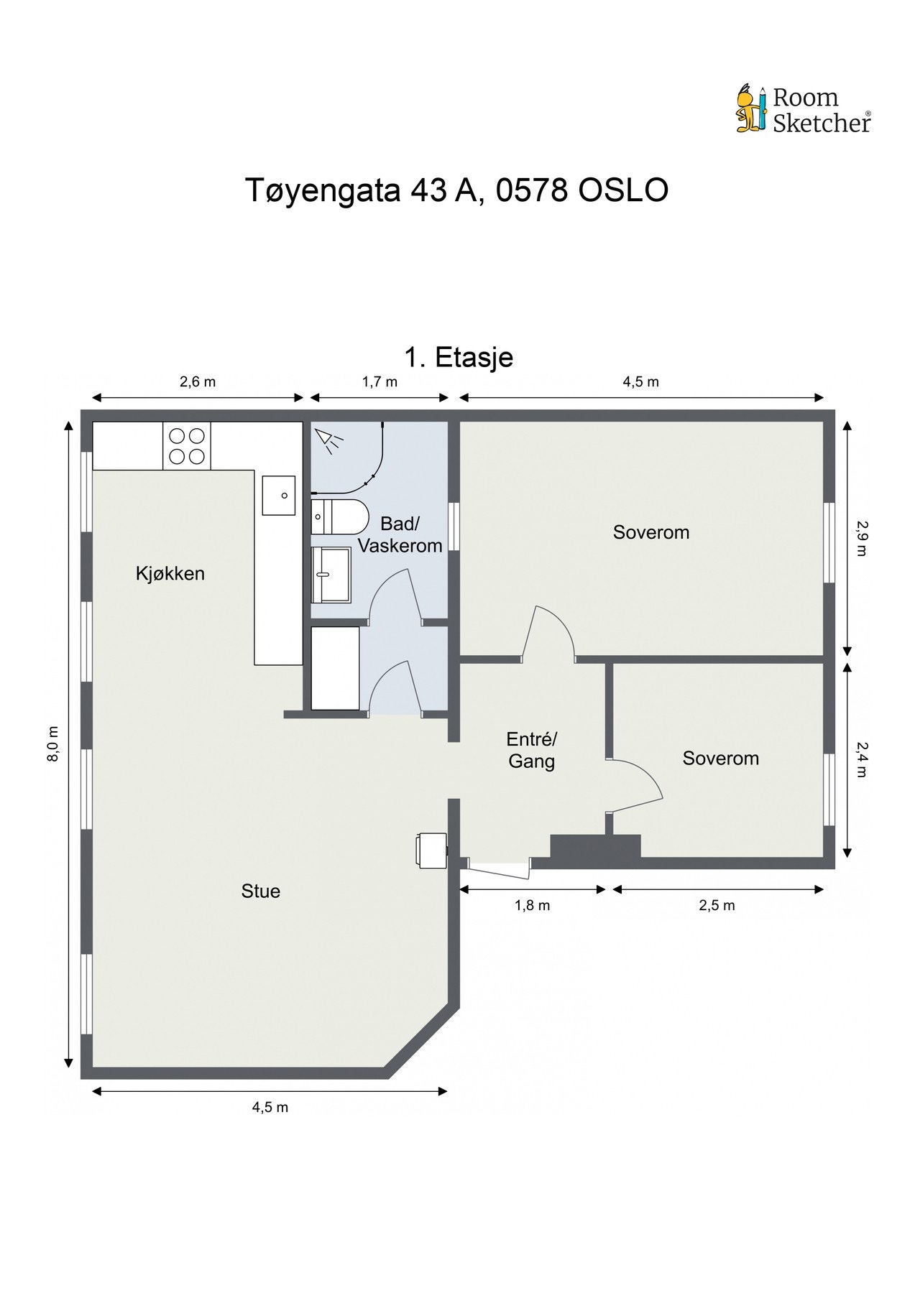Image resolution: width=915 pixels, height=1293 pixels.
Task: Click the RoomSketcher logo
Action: [803, 109]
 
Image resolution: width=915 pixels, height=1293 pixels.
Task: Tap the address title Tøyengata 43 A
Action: [362, 190]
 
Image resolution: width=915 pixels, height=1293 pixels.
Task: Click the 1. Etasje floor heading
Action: [459, 357]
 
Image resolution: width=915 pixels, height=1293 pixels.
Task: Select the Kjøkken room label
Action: [170, 573]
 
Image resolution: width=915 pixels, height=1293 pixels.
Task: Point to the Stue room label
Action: [261, 891]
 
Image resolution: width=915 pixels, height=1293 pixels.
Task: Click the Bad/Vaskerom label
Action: [400, 534]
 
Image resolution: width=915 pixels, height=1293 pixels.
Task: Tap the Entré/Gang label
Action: [532, 750]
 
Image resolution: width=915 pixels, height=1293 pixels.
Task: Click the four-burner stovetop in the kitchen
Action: [187, 445]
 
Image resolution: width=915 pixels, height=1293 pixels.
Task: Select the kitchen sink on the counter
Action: [279, 496]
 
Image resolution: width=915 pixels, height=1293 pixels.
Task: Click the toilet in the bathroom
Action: [339, 515]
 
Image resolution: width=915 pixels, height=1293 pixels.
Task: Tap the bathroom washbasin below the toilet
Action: [331, 575]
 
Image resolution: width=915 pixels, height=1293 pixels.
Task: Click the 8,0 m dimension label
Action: [53, 745]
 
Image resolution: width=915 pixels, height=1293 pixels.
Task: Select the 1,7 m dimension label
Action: [380, 381]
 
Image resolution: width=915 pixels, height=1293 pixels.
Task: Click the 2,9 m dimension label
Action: [861, 538]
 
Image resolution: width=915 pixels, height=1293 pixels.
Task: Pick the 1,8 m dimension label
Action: [532, 905]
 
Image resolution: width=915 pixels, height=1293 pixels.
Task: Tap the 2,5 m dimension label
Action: [717, 905]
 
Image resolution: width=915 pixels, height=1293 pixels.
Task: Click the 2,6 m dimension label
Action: [198, 381]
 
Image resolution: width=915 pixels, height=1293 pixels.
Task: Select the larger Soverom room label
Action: [651, 532]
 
